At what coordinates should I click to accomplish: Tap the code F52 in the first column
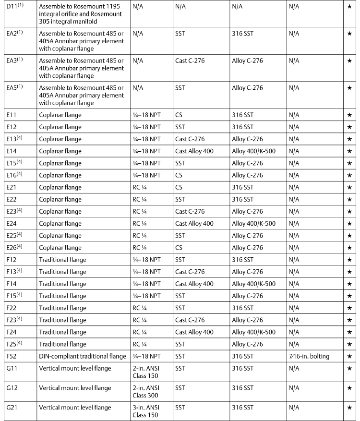point(12,356)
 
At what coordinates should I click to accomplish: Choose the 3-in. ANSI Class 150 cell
point(147,411)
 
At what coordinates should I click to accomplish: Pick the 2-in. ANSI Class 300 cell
point(147,391)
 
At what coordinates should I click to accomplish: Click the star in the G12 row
point(349,388)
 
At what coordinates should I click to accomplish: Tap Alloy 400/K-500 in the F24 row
point(253,332)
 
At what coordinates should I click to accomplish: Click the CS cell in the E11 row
point(179,115)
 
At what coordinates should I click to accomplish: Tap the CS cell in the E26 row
point(179,248)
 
